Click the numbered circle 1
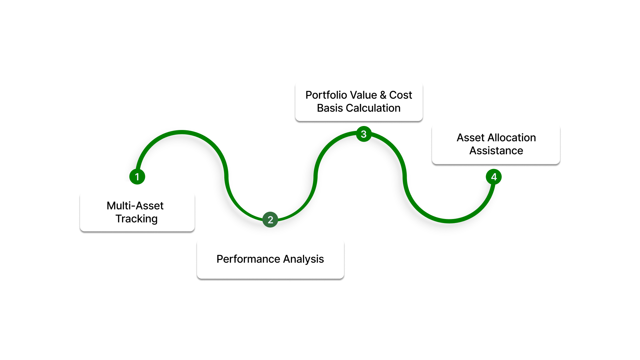(x=137, y=177)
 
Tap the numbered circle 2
(x=270, y=220)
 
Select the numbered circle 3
(x=364, y=134)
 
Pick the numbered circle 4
(x=494, y=177)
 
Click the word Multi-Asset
(x=135, y=206)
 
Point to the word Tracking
(x=136, y=219)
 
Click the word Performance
(x=248, y=259)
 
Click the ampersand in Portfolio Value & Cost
(x=383, y=95)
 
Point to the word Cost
(x=401, y=95)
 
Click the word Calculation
(x=373, y=108)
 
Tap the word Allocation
(x=512, y=138)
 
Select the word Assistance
(x=496, y=151)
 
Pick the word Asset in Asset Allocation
(x=470, y=138)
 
